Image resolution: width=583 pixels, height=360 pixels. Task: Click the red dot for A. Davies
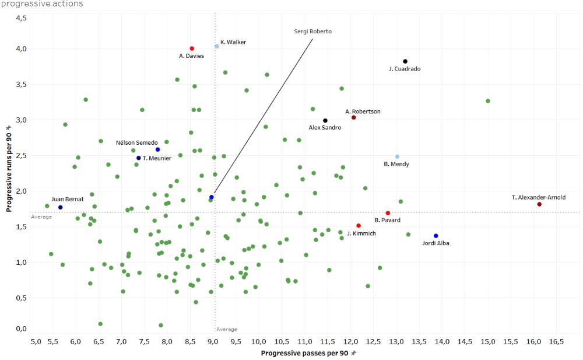tap(192, 48)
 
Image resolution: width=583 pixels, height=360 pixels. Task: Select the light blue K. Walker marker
tap(217, 46)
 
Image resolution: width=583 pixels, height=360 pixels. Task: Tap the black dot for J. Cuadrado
tap(405, 61)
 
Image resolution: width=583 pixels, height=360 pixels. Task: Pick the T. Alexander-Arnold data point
tap(539, 204)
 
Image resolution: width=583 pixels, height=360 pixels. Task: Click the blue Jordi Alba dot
tap(436, 236)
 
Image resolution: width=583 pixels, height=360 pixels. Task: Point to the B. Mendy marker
tap(398, 156)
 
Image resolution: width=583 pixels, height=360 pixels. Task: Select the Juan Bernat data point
tap(61, 207)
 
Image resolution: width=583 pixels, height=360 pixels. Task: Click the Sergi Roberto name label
tap(312, 32)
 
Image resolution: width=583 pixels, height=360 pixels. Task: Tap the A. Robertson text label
tap(363, 111)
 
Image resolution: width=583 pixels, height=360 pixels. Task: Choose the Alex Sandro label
tap(325, 128)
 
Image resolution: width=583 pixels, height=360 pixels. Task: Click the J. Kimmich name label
tap(361, 233)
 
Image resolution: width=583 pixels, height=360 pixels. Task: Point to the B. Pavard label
tap(387, 220)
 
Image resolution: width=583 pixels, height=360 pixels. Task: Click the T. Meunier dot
tap(139, 158)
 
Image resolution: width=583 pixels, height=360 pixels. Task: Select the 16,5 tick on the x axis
tap(556, 341)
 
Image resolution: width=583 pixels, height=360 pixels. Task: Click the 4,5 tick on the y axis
tap(21, 18)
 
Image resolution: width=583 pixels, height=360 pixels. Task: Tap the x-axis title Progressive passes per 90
tap(304, 354)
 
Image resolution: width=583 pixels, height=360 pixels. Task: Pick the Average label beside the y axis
tap(41, 216)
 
